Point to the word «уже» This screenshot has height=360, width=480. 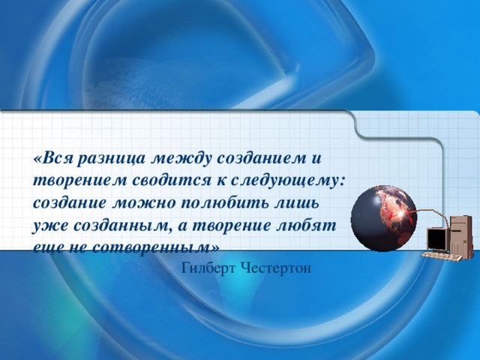pos(48,225)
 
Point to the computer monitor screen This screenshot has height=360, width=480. pos(436,238)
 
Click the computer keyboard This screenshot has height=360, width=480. pos(439,256)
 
